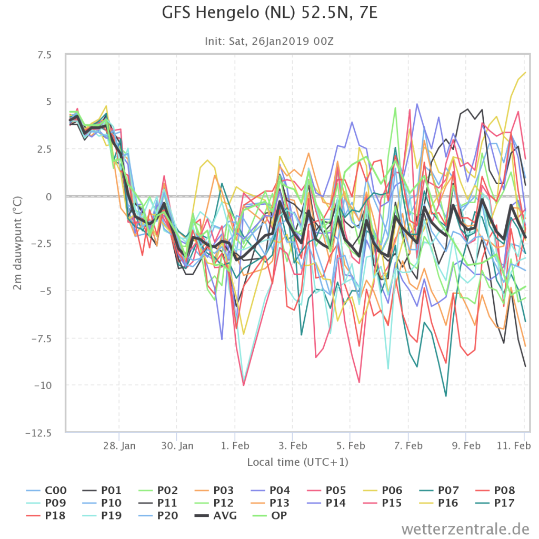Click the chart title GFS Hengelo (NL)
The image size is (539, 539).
(x=228, y=13)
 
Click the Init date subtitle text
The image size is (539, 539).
(x=269, y=41)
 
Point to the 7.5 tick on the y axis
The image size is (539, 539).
(x=44, y=55)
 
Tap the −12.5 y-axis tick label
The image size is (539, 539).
(x=38, y=433)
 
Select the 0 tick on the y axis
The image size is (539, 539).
(x=49, y=197)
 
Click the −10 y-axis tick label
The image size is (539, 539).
(x=43, y=385)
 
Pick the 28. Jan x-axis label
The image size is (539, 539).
(x=119, y=446)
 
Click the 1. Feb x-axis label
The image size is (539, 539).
(x=235, y=446)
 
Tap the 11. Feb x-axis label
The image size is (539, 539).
(x=514, y=446)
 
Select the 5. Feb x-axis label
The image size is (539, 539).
(x=351, y=446)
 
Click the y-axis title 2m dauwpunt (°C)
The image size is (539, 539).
(x=17, y=243)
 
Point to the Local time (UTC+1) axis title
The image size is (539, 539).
(x=298, y=462)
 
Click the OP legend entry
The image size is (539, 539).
(x=269, y=515)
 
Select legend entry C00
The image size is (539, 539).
(x=46, y=490)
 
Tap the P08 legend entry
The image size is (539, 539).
(x=495, y=490)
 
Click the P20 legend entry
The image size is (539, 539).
(x=158, y=515)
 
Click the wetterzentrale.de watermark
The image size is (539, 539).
(x=465, y=528)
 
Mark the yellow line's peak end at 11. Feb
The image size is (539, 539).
(x=525, y=72)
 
